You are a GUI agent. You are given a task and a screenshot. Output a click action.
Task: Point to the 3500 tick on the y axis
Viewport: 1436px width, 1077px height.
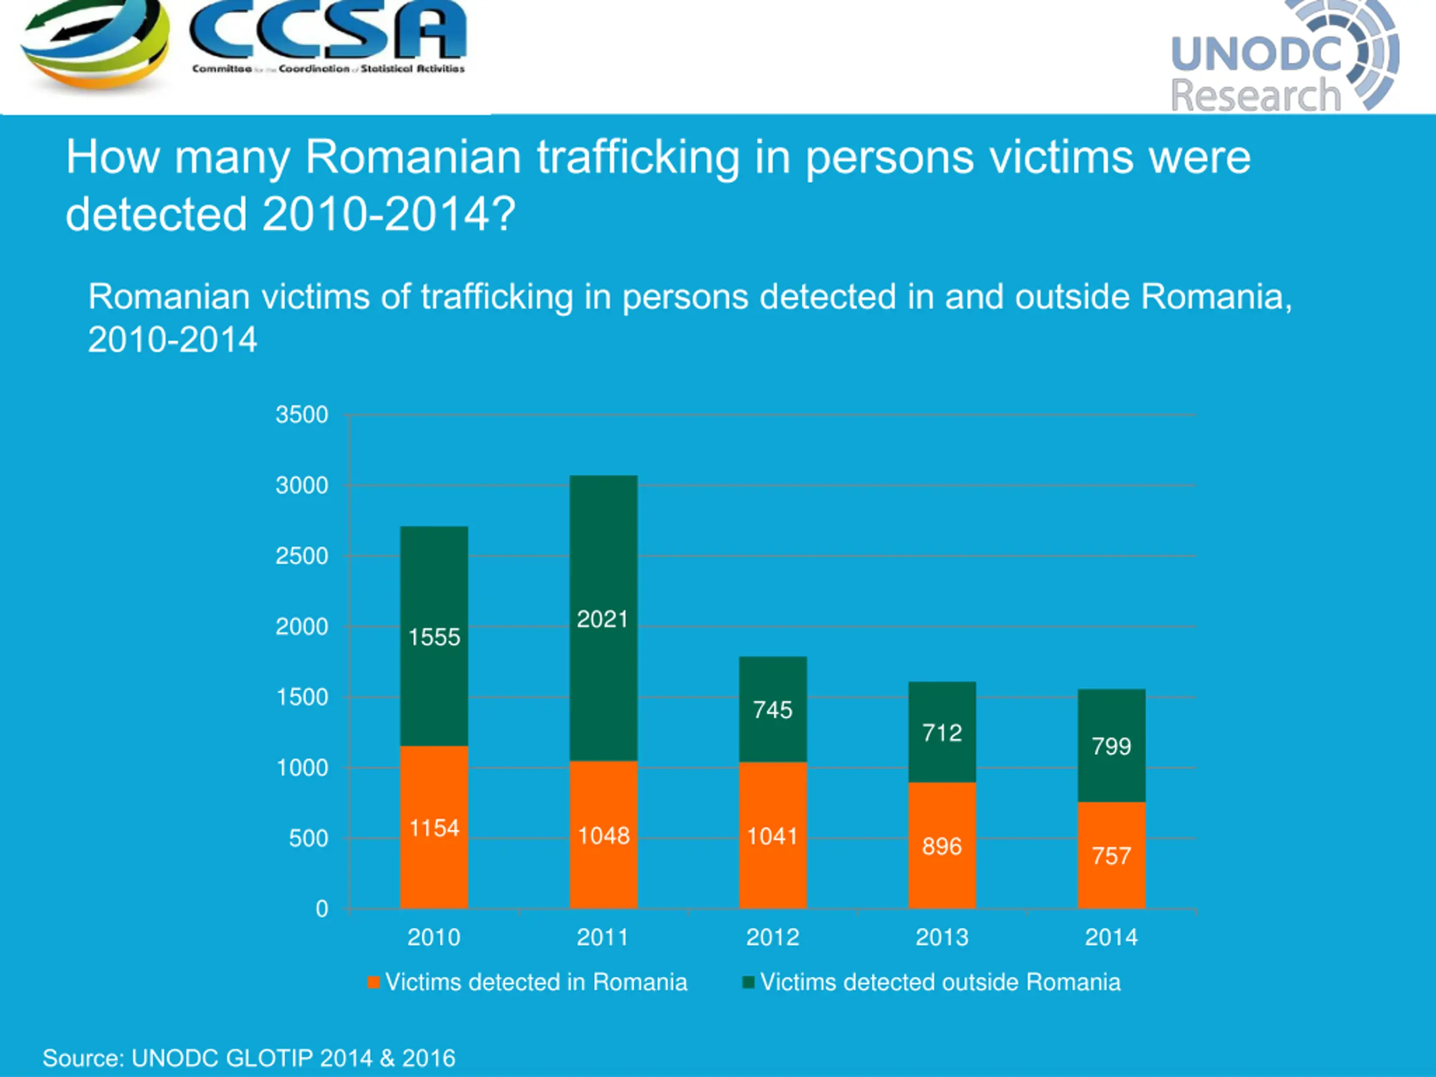[x=302, y=415]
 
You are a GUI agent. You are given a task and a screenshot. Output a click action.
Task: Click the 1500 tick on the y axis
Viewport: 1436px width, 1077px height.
[x=302, y=698]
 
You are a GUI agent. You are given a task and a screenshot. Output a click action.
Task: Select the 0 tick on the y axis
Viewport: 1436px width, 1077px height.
[x=322, y=909]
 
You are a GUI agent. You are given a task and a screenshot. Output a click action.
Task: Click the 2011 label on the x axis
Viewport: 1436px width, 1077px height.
[x=603, y=937]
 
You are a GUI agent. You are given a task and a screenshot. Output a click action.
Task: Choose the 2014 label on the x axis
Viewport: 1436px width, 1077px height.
[x=1111, y=937]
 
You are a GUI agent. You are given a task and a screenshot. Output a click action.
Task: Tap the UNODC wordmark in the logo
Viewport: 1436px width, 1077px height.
[x=1256, y=53]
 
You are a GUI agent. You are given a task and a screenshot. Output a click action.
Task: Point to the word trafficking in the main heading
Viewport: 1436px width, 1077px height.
[x=638, y=158]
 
